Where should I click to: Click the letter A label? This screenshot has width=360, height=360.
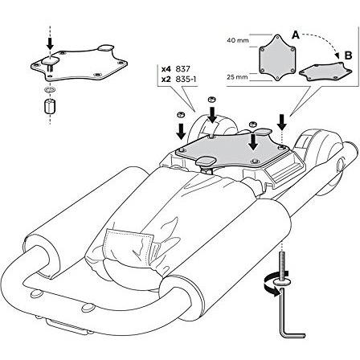tap(296, 35)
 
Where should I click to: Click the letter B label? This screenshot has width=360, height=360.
tap(348, 55)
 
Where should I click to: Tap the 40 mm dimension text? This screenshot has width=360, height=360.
tap(238, 41)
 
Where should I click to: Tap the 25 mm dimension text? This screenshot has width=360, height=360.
tap(237, 77)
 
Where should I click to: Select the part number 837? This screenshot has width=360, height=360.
tap(182, 69)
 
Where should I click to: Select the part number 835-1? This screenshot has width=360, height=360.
tap(186, 80)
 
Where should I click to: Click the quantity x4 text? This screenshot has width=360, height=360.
tap(166, 69)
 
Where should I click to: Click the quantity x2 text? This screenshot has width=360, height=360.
tap(166, 80)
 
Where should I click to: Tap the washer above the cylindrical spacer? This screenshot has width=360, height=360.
tap(50, 89)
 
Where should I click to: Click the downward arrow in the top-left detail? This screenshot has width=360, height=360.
tap(50, 43)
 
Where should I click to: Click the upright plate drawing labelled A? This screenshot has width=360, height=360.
tap(278, 58)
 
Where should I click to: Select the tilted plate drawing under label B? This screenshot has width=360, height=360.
tap(325, 72)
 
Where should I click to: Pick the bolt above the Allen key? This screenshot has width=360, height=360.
tap(282, 268)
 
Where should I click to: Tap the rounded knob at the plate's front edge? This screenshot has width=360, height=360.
tap(206, 161)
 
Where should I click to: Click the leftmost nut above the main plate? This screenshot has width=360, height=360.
tap(180, 115)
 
